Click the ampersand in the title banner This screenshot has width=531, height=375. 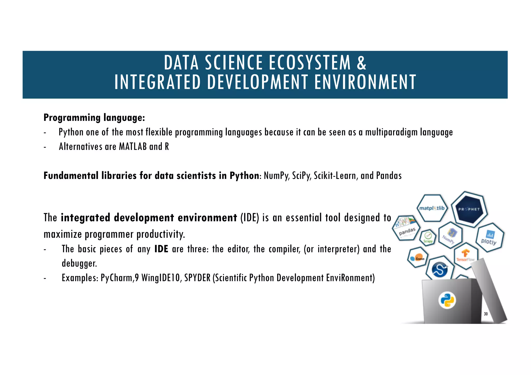[x=361, y=63]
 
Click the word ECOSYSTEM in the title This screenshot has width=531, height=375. [x=310, y=63]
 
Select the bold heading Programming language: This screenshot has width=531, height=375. [x=94, y=118]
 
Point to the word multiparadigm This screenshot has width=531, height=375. [x=391, y=132]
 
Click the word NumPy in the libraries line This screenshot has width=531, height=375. [x=276, y=176]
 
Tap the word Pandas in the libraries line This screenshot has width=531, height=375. [x=389, y=176]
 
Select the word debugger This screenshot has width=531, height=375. [x=79, y=263]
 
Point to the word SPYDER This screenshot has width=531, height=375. [x=197, y=278]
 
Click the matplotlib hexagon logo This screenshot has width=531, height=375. [x=432, y=208]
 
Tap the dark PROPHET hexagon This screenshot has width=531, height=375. [x=469, y=209]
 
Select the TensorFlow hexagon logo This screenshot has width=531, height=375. [x=466, y=256]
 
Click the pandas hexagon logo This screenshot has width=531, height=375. [x=407, y=228]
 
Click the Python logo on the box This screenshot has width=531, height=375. [x=447, y=300]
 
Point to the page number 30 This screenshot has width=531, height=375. [x=486, y=314]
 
